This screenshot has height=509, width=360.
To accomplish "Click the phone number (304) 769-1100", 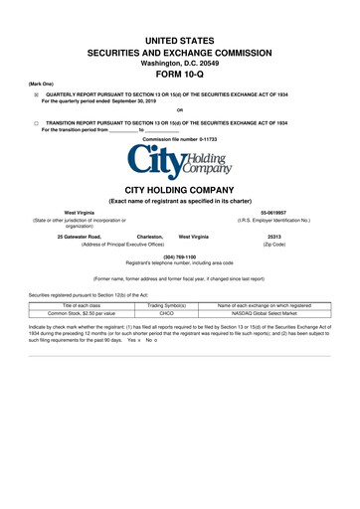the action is pyautogui.click(x=179, y=255).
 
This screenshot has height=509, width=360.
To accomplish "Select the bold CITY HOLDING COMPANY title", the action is pyautogui.click(x=179, y=188).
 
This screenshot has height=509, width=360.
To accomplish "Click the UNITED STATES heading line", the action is pyautogui.click(x=179, y=35).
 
